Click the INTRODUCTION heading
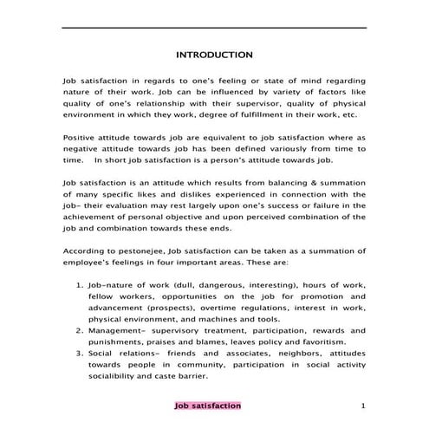[x=214, y=55]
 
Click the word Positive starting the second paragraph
[x=80, y=137]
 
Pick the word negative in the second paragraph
[x=81, y=148]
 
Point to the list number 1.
[x=80, y=283]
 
